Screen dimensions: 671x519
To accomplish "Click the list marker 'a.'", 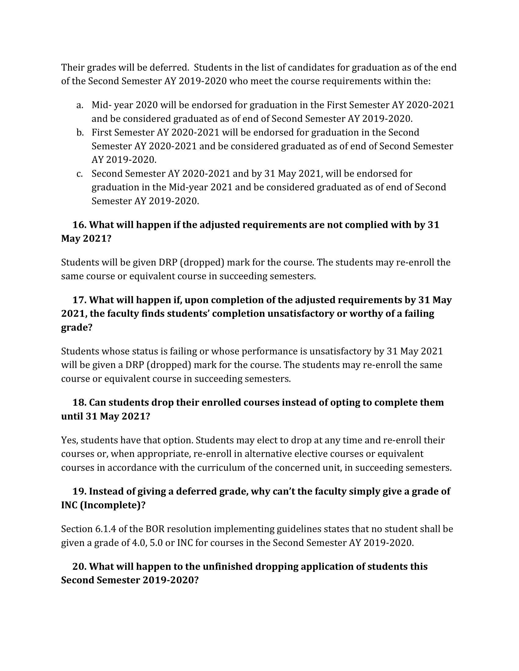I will tap(80, 106).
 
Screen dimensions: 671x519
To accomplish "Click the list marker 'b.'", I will tap(80, 133).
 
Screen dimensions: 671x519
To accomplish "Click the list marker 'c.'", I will tap(80, 174).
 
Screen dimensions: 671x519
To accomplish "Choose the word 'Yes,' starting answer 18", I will tap(70, 440).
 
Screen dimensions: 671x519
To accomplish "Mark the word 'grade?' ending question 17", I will tap(77, 328).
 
